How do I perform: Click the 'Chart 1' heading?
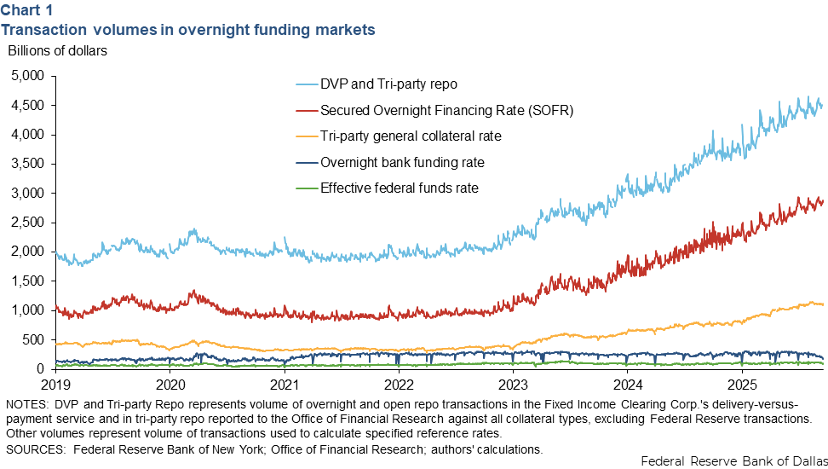pos(26,10)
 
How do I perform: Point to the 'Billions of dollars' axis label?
pos(57,50)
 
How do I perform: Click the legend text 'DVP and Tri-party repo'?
pos(388,84)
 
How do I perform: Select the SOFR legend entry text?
pos(446,110)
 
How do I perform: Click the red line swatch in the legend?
pos(305,110)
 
